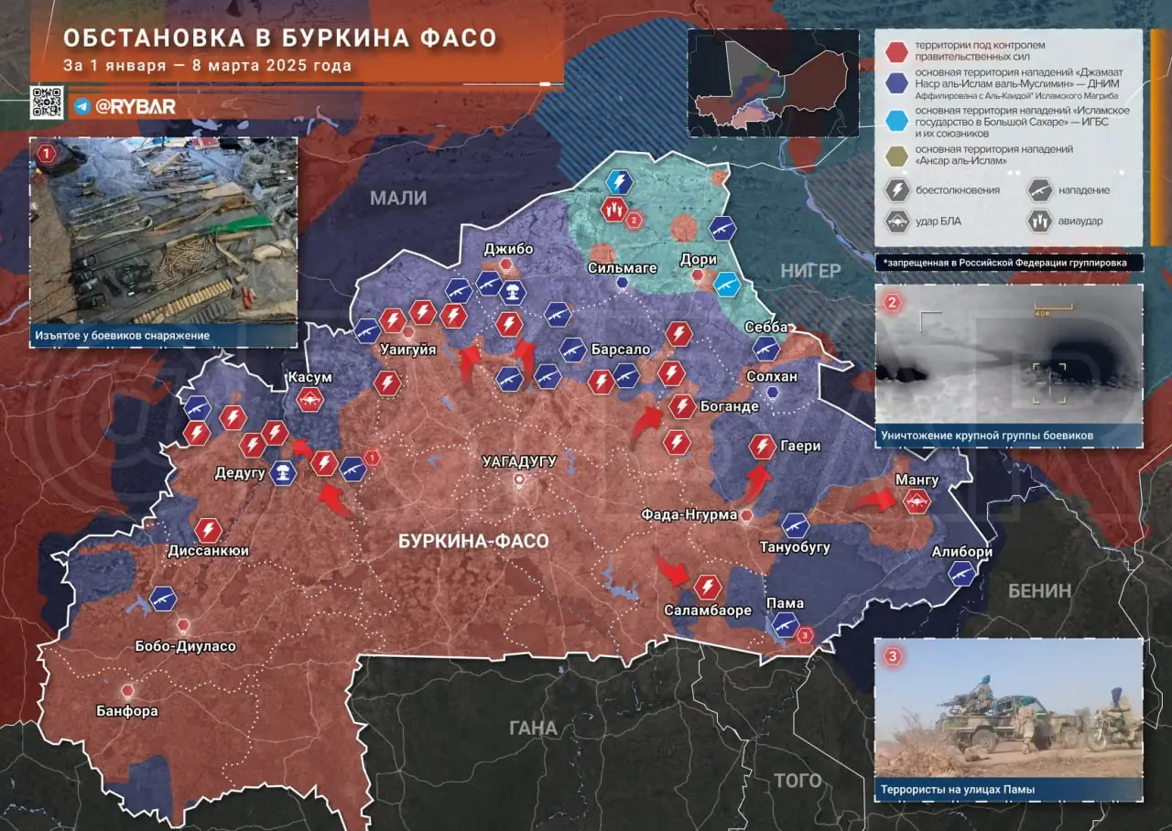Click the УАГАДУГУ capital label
519,461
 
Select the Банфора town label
127,710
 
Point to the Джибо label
508,249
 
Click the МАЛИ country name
398,198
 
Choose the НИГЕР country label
810,270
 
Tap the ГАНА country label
533,728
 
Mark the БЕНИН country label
1039,590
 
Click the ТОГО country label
798,781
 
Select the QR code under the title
47,103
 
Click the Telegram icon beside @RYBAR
81,106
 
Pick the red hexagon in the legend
897,50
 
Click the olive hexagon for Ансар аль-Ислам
897,155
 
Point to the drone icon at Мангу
917,500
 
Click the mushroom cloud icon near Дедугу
284,473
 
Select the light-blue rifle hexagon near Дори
727,285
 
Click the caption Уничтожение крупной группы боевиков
988,436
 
